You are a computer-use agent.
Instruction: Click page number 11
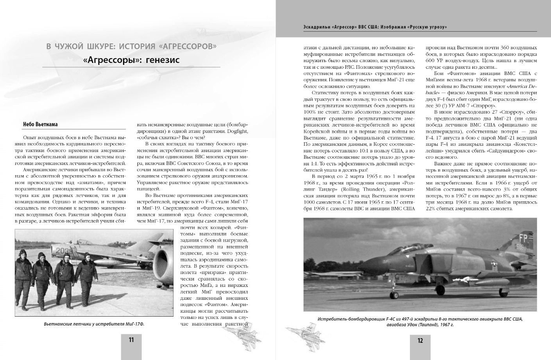131,340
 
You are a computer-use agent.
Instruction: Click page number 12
420,340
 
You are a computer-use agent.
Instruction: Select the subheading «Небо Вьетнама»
40,124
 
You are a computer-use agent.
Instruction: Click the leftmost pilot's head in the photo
23,253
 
